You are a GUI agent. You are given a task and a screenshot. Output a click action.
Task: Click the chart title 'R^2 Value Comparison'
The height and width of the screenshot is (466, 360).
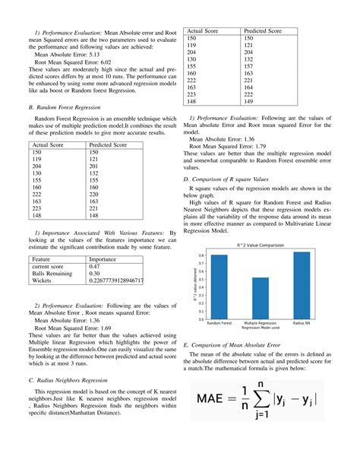click(x=260, y=246)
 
